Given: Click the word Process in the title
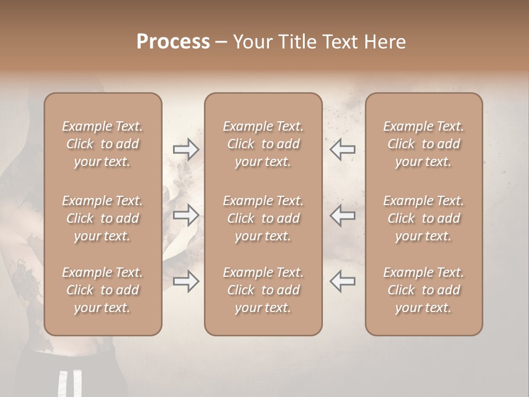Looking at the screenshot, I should [173, 41].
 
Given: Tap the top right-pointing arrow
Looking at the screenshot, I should [186, 149].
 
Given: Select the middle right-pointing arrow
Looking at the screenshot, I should [186, 215].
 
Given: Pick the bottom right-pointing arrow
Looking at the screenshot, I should [186, 281].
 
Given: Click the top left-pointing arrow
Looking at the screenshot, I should [342, 149].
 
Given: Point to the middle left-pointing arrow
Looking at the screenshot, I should [342, 215].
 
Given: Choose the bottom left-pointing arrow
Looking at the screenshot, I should [342, 281].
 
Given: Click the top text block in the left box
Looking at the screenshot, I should [102, 144].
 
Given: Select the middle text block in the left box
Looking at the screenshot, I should [102, 218].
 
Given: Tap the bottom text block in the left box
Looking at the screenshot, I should [102, 290].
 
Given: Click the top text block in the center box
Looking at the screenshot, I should [263, 144].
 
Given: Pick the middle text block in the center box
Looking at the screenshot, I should [263, 218].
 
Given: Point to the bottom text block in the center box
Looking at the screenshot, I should [263, 290].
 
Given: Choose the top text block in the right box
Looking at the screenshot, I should [423, 144].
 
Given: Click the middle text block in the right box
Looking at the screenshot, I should [423, 218].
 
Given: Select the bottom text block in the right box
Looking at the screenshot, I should [423, 290].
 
